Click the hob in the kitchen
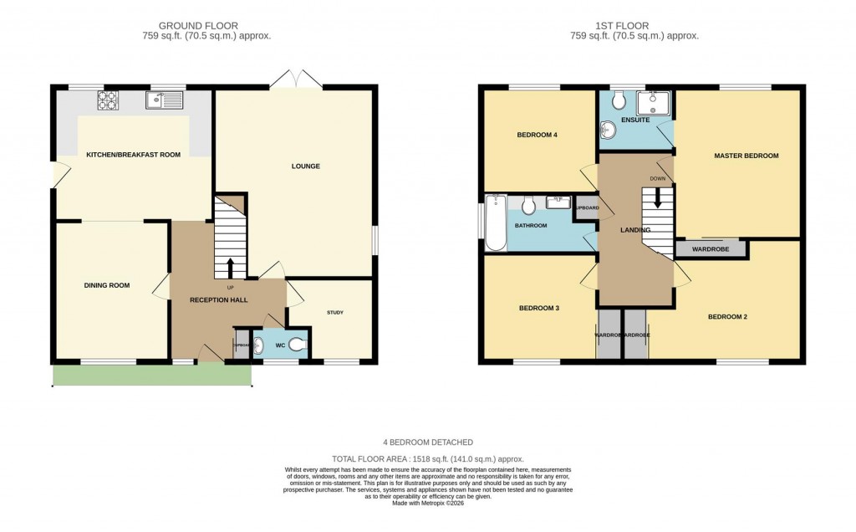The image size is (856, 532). click(108, 100)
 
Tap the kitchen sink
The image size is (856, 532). click(165, 100)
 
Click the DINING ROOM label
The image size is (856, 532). click(107, 286)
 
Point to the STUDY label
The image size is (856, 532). click(334, 313)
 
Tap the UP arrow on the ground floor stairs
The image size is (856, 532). click(231, 268)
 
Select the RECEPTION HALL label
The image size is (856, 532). click(216, 299)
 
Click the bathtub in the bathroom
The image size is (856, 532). click(496, 223)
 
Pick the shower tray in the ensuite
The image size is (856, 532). click(654, 104)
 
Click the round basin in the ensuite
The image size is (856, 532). click(608, 130)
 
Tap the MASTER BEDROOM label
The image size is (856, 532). click(746, 156)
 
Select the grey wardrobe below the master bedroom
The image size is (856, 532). click(711, 248)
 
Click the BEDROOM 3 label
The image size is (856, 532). click(539, 309)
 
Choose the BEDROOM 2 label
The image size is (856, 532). click(727, 317)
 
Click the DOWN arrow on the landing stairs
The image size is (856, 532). click(658, 197)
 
